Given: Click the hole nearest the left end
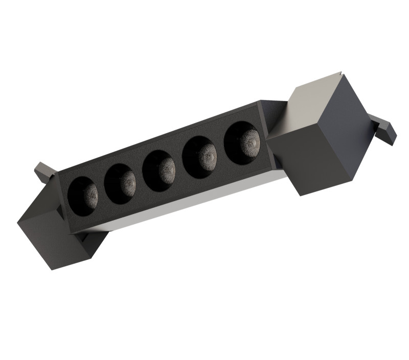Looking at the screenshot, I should point(83,196).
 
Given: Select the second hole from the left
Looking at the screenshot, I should point(121,183).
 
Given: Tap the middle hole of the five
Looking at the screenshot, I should point(160,171).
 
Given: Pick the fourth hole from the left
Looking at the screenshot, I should point(199,157).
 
